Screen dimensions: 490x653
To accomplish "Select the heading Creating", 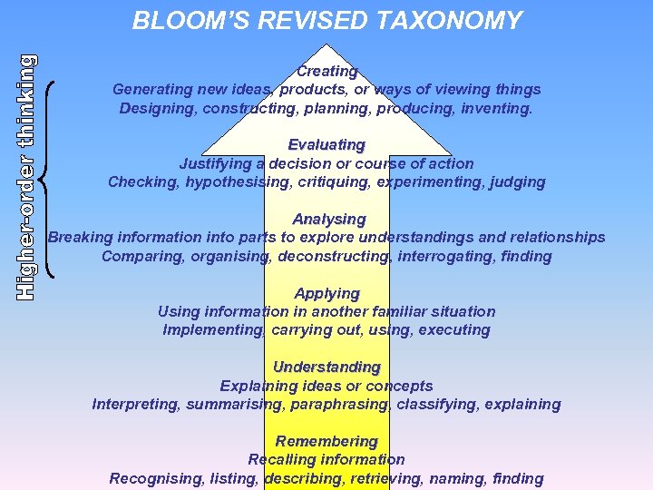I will (326, 71).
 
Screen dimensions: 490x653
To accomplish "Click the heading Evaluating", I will (326, 144).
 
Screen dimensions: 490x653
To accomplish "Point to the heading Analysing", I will (328, 219).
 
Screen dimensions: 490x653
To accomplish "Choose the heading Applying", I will (326, 293).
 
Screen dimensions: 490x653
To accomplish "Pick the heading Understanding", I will (326, 367).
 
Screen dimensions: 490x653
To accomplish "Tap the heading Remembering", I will (326, 441).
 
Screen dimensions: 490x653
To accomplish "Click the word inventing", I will (498, 109).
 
